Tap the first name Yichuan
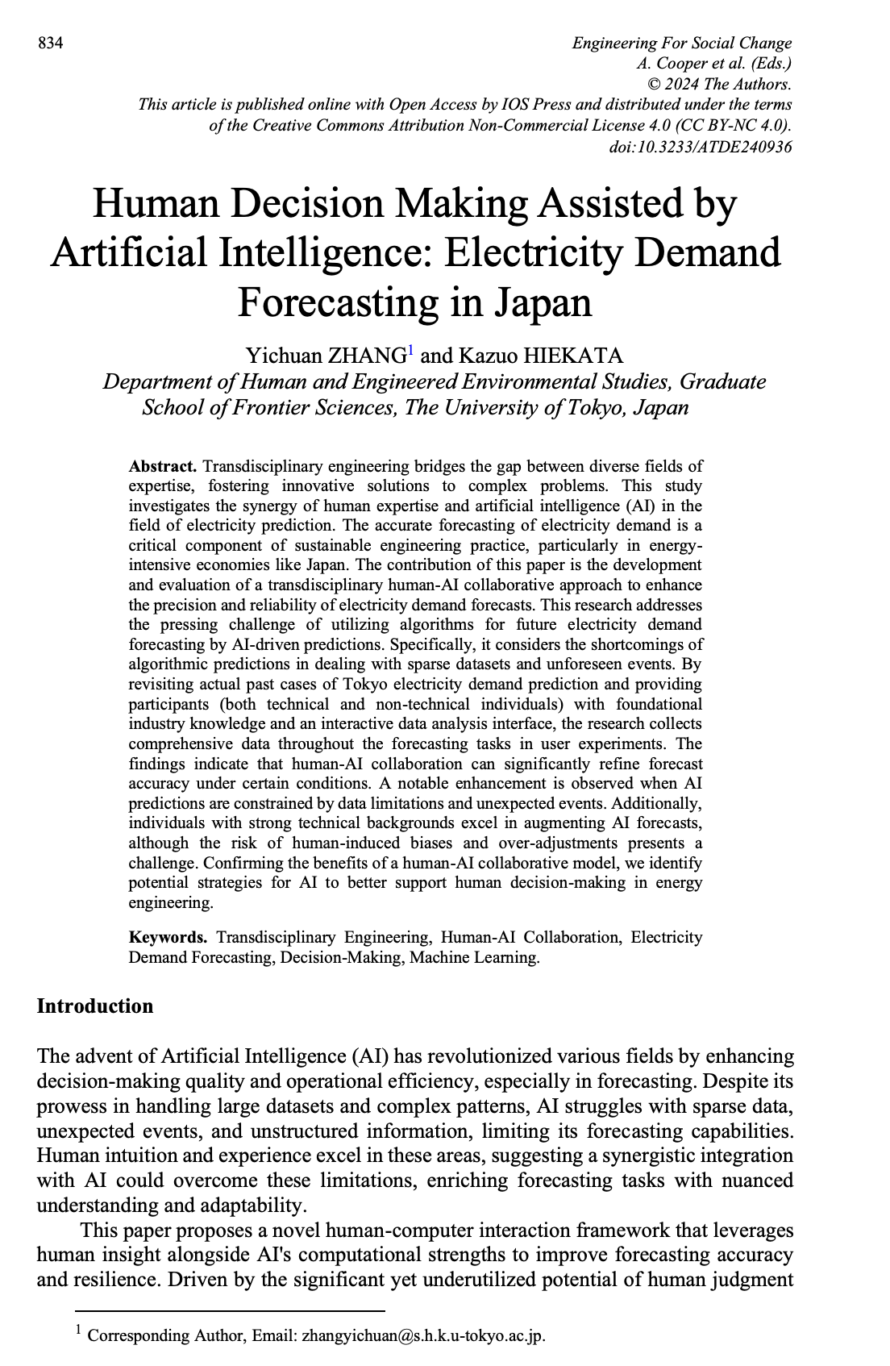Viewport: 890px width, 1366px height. point(282,356)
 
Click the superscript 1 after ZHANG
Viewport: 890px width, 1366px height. point(410,350)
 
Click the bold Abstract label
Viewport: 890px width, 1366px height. point(163,467)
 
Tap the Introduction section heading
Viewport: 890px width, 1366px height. point(95,1006)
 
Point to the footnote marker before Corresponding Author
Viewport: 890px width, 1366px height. point(79,1331)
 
